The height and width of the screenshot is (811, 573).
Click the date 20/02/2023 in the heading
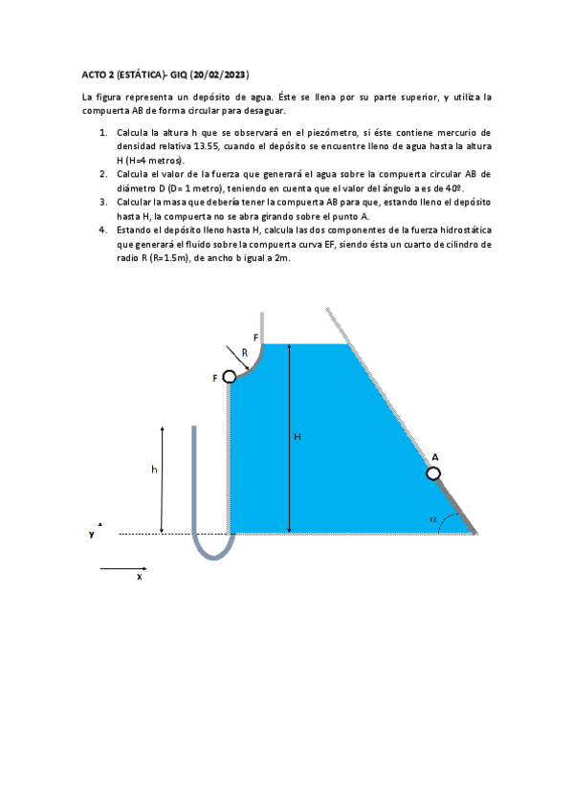221,74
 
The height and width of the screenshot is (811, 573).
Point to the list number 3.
103,202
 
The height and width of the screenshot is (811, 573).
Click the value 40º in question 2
452,188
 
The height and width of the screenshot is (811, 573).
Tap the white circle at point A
433,473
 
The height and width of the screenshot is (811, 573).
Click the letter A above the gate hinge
435,457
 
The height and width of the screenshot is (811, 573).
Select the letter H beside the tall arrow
298,437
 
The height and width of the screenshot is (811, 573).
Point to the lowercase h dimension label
153,470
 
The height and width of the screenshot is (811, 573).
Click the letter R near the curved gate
244,352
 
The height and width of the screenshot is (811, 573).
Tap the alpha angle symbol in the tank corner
433,519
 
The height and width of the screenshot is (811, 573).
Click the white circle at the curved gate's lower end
230,378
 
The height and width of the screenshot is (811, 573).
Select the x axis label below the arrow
139,578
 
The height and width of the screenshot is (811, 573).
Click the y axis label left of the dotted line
92,534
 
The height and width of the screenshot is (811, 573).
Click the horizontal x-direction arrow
122,569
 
